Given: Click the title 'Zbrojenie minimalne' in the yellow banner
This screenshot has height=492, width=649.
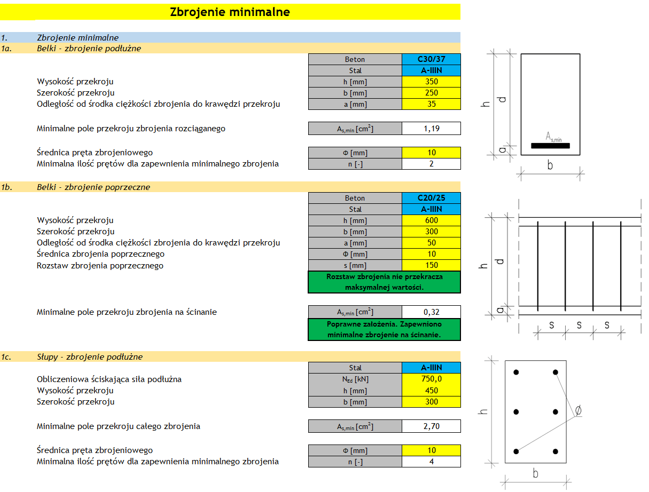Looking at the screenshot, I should (230, 12).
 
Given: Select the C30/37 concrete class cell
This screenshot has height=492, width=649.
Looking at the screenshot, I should (431, 59).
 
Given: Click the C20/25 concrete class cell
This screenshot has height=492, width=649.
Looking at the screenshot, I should (431, 198).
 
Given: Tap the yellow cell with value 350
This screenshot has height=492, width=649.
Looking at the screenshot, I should (431, 82).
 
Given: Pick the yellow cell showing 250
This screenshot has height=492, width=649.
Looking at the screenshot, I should (431, 93).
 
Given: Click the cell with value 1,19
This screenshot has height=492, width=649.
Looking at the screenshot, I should (431, 129).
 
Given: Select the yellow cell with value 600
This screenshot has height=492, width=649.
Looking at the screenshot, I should (431, 220).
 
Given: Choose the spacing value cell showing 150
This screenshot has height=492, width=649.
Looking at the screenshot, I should (431, 265).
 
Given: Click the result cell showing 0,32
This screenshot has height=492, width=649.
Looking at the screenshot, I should (431, 312).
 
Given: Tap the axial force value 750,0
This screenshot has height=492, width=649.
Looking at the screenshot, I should (431, 379).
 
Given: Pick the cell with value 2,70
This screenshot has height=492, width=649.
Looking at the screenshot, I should (431, 426).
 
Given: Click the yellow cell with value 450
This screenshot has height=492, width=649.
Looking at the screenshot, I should (431, 390).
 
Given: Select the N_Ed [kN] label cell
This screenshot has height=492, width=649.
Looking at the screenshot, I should (355, 379).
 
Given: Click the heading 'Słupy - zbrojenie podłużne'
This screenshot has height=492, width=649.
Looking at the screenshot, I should (90, 356).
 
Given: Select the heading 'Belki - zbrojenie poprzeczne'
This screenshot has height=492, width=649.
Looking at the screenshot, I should (93, 187).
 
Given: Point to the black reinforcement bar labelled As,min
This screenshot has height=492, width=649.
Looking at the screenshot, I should (550, 146).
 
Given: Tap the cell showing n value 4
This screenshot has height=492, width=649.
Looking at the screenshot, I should (431, 462).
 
